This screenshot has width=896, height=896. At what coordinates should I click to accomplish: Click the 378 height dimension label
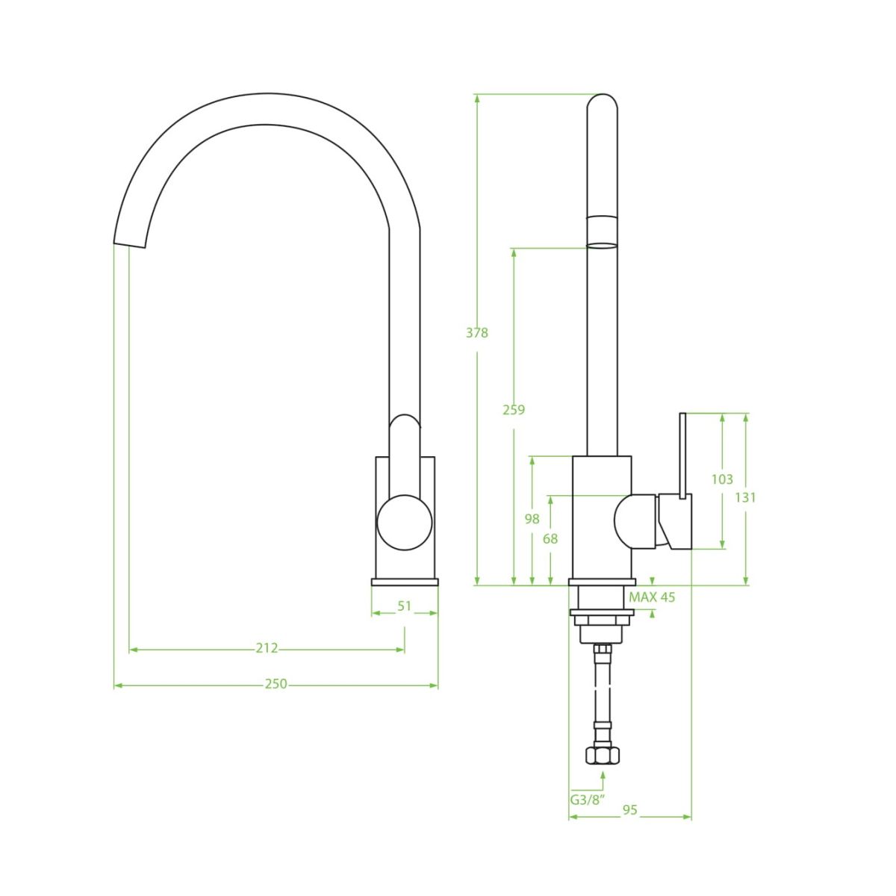(x=477, y=333)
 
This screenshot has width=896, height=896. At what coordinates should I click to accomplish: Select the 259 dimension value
(x=514, y=410)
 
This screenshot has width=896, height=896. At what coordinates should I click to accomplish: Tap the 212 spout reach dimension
(x=267, y=647)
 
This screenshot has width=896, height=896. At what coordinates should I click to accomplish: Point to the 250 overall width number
(x=276, y=684)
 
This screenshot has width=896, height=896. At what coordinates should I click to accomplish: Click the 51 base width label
(x=405, y=606)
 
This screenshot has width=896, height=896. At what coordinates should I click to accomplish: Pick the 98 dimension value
(x=532, y=518)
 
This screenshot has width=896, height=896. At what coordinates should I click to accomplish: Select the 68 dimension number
(x=550, y=539)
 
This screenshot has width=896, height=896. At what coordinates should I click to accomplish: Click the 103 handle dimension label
(x=722, y=479)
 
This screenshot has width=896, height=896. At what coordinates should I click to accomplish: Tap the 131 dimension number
(x=745, y=497)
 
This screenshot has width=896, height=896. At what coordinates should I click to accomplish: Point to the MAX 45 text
(x=652, y=597)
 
